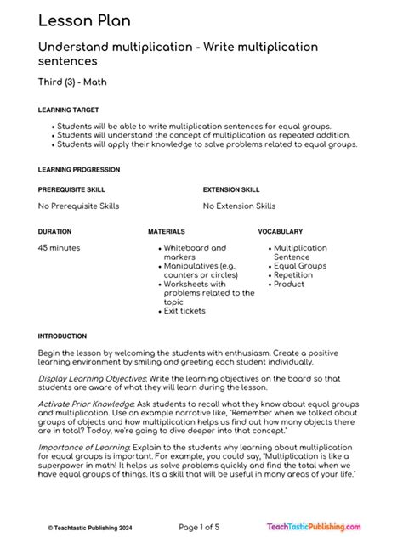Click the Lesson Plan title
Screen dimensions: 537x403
coord(83,21)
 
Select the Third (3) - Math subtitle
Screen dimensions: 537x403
coord(73,82)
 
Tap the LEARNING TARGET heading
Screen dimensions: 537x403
coord(69,110)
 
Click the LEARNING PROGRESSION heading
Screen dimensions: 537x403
coord(79,170)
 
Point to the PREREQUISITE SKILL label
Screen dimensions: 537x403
coord(72,189)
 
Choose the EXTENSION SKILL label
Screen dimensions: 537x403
coord(232,189)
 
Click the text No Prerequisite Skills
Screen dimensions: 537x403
coord(79,206)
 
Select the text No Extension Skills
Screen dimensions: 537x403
coord(239,206)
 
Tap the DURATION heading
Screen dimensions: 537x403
coord(54,231)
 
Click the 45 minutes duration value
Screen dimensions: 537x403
coord(60,248)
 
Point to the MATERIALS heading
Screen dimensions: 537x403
coord(167,231)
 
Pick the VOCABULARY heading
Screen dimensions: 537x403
coord(281,231)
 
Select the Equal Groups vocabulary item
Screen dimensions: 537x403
coord(300,266)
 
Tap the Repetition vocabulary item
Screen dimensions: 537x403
coord(293,275)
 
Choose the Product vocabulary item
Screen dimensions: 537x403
coord(289,285)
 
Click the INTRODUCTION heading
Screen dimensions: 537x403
coord(62,336)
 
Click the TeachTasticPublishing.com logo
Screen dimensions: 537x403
coord(326,525)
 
